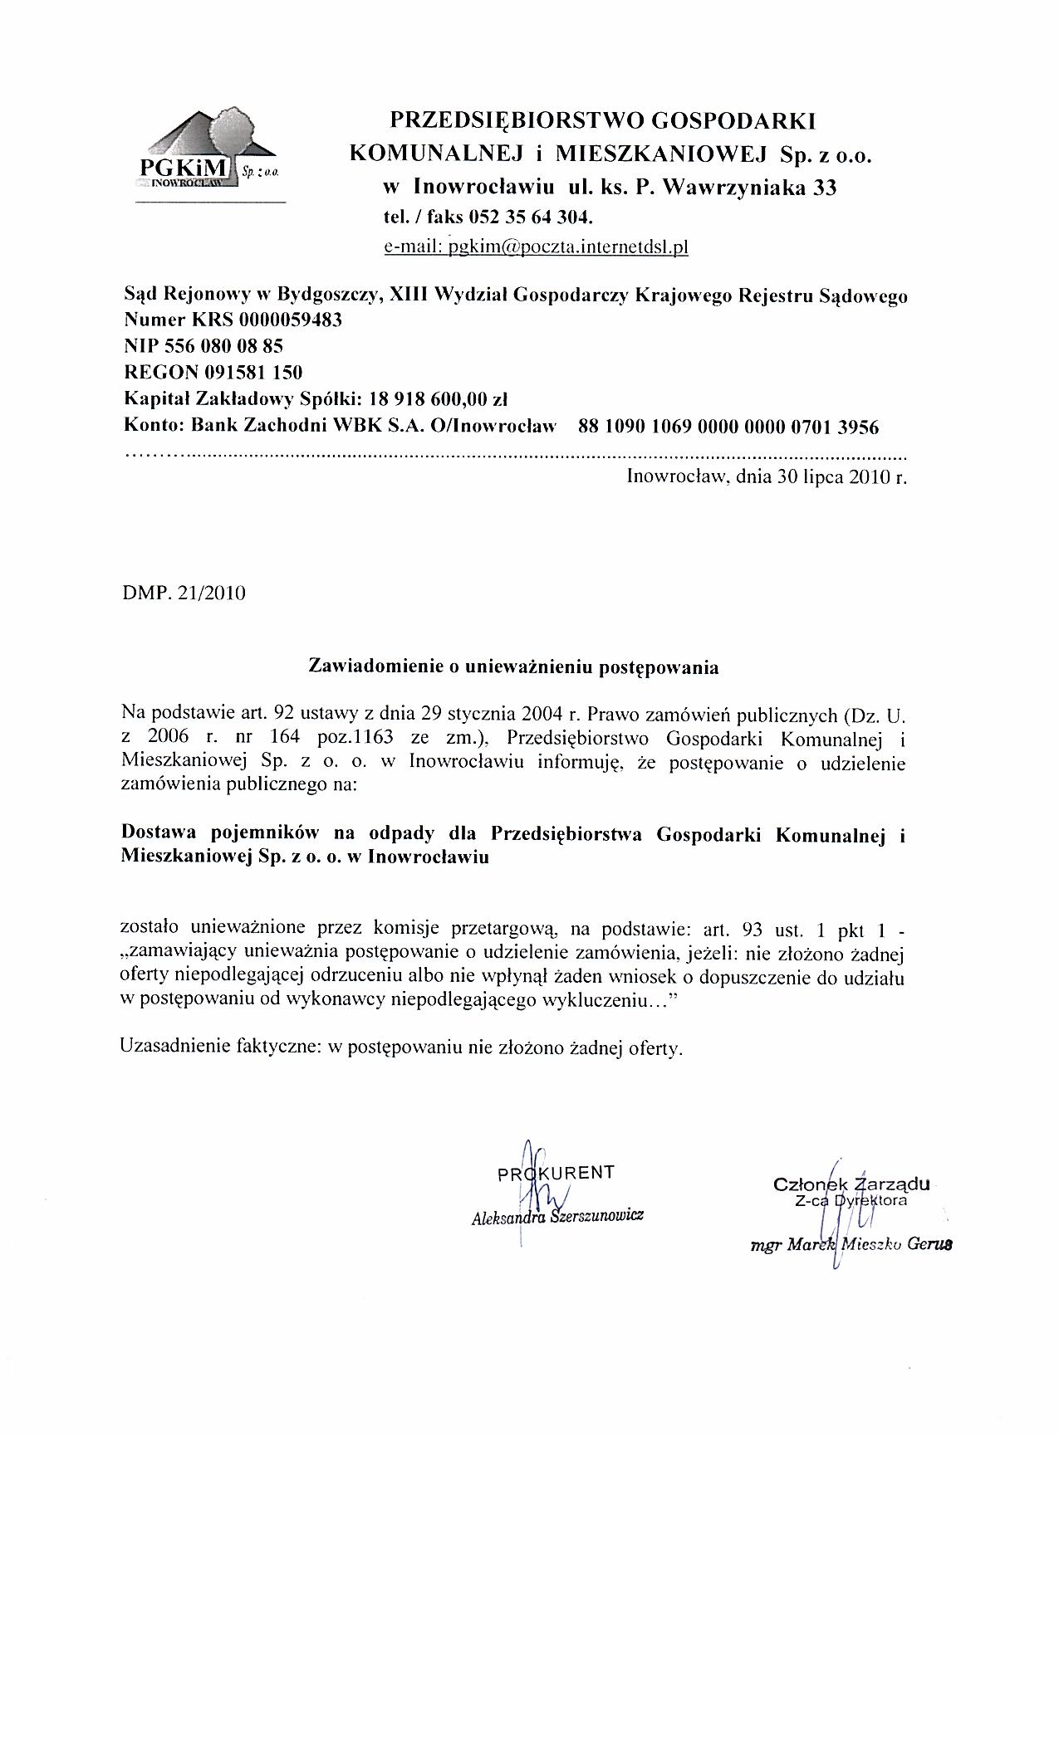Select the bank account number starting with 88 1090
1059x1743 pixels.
point(728,427)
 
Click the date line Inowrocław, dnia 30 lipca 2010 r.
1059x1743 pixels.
point(766,477)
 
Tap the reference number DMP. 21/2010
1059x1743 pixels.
point(184,594)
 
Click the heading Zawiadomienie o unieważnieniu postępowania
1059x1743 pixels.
point(513,666)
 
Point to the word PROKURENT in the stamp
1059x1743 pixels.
point(555,1173)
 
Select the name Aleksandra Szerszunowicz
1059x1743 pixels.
point(557,1217)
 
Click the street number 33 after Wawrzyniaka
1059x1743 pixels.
point(824,188)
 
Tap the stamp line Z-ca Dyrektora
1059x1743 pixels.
point(850,1200)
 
